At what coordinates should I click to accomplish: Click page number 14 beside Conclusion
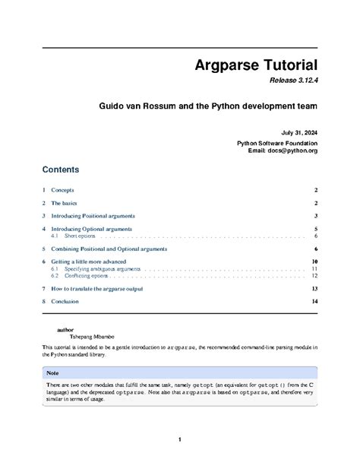click(314, 301)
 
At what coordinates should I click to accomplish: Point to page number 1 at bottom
click(180, 439)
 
